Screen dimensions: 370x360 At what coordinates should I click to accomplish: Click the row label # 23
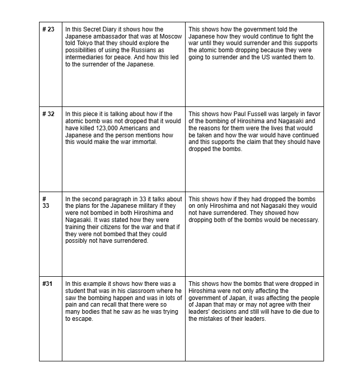pyautogui.click(x=49, y=29)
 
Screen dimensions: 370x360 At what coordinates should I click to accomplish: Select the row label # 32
pyautogui.click(x=49, y=114)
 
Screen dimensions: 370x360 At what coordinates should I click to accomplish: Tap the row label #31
pyautogui.click(x=48, y=283)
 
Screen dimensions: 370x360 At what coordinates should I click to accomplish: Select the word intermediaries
pyautogui.click(x=85, y=58)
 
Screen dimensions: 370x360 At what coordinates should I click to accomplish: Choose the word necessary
pyautogui.click(x=302, y=220)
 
